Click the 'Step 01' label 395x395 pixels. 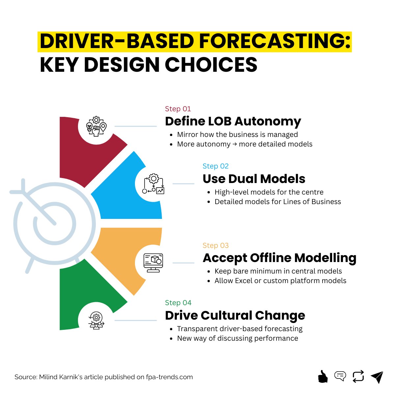(178, 109)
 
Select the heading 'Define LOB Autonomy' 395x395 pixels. (233, 121)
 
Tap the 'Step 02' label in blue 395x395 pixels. (215, 166)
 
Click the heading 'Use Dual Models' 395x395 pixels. (254, 179)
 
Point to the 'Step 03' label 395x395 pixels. (215, 246)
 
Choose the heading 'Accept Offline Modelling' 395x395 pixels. (279, 258)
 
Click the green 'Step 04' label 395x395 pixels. (178, 303)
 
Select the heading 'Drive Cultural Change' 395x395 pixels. (235, 315)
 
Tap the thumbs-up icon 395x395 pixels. (323, 376)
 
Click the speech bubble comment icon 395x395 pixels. (340, 376)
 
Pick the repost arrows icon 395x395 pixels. (358, 376)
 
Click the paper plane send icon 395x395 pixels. (377, 377)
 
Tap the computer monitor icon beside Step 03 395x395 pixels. (153, 262)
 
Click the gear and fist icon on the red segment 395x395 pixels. (96, 126)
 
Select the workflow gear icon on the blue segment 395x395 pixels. (153, 184)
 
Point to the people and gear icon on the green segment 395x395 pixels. (96, 320)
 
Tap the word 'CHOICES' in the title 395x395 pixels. (211, 65)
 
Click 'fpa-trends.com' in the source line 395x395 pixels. (169, 377)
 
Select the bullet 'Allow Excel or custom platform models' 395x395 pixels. (280, 281)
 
